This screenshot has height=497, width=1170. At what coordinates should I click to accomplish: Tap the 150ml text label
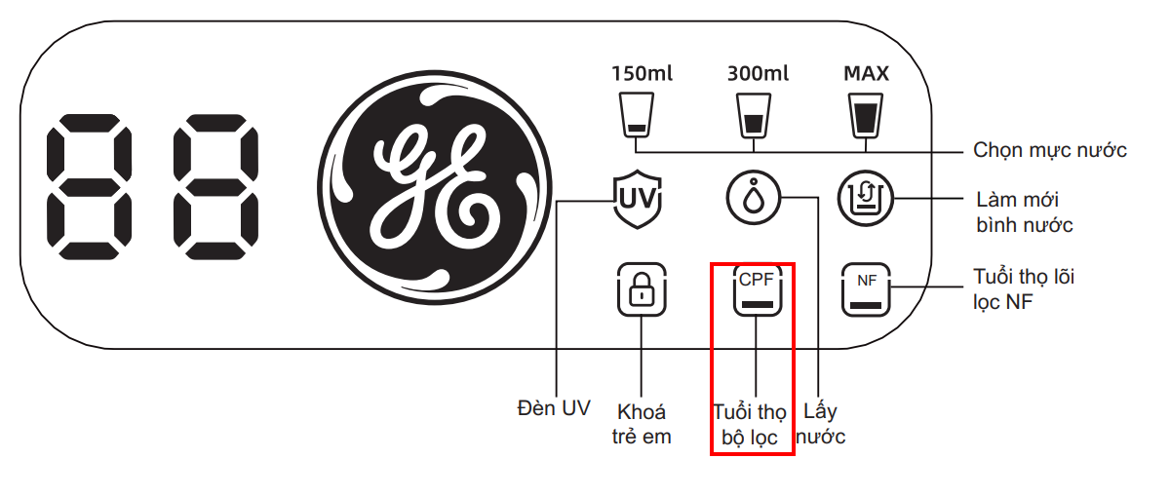tap(642, 73)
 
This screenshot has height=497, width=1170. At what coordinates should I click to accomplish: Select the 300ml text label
tap(758, 73)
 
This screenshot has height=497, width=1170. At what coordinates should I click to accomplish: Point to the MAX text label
tap(866, 73)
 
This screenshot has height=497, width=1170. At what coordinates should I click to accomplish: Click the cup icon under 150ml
tap(637, 116)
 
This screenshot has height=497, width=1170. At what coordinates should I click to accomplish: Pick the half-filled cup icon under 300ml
tap(753, 116)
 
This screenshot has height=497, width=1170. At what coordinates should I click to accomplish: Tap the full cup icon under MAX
tap(865, 116)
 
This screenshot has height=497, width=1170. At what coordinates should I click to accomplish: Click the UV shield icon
tap(637, 201)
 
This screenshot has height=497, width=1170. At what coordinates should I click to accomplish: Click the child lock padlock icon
tap(641, 290)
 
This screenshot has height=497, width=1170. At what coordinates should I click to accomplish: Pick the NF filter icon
tap(866, 290)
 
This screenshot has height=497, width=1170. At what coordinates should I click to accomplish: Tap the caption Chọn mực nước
tap(1050, 150)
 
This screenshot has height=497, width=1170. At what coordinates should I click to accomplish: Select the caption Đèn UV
tap(553, 408)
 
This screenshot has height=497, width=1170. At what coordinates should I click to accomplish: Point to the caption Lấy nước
tap(820, 424)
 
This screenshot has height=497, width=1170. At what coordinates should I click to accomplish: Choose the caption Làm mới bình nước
tap(1024, 212)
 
